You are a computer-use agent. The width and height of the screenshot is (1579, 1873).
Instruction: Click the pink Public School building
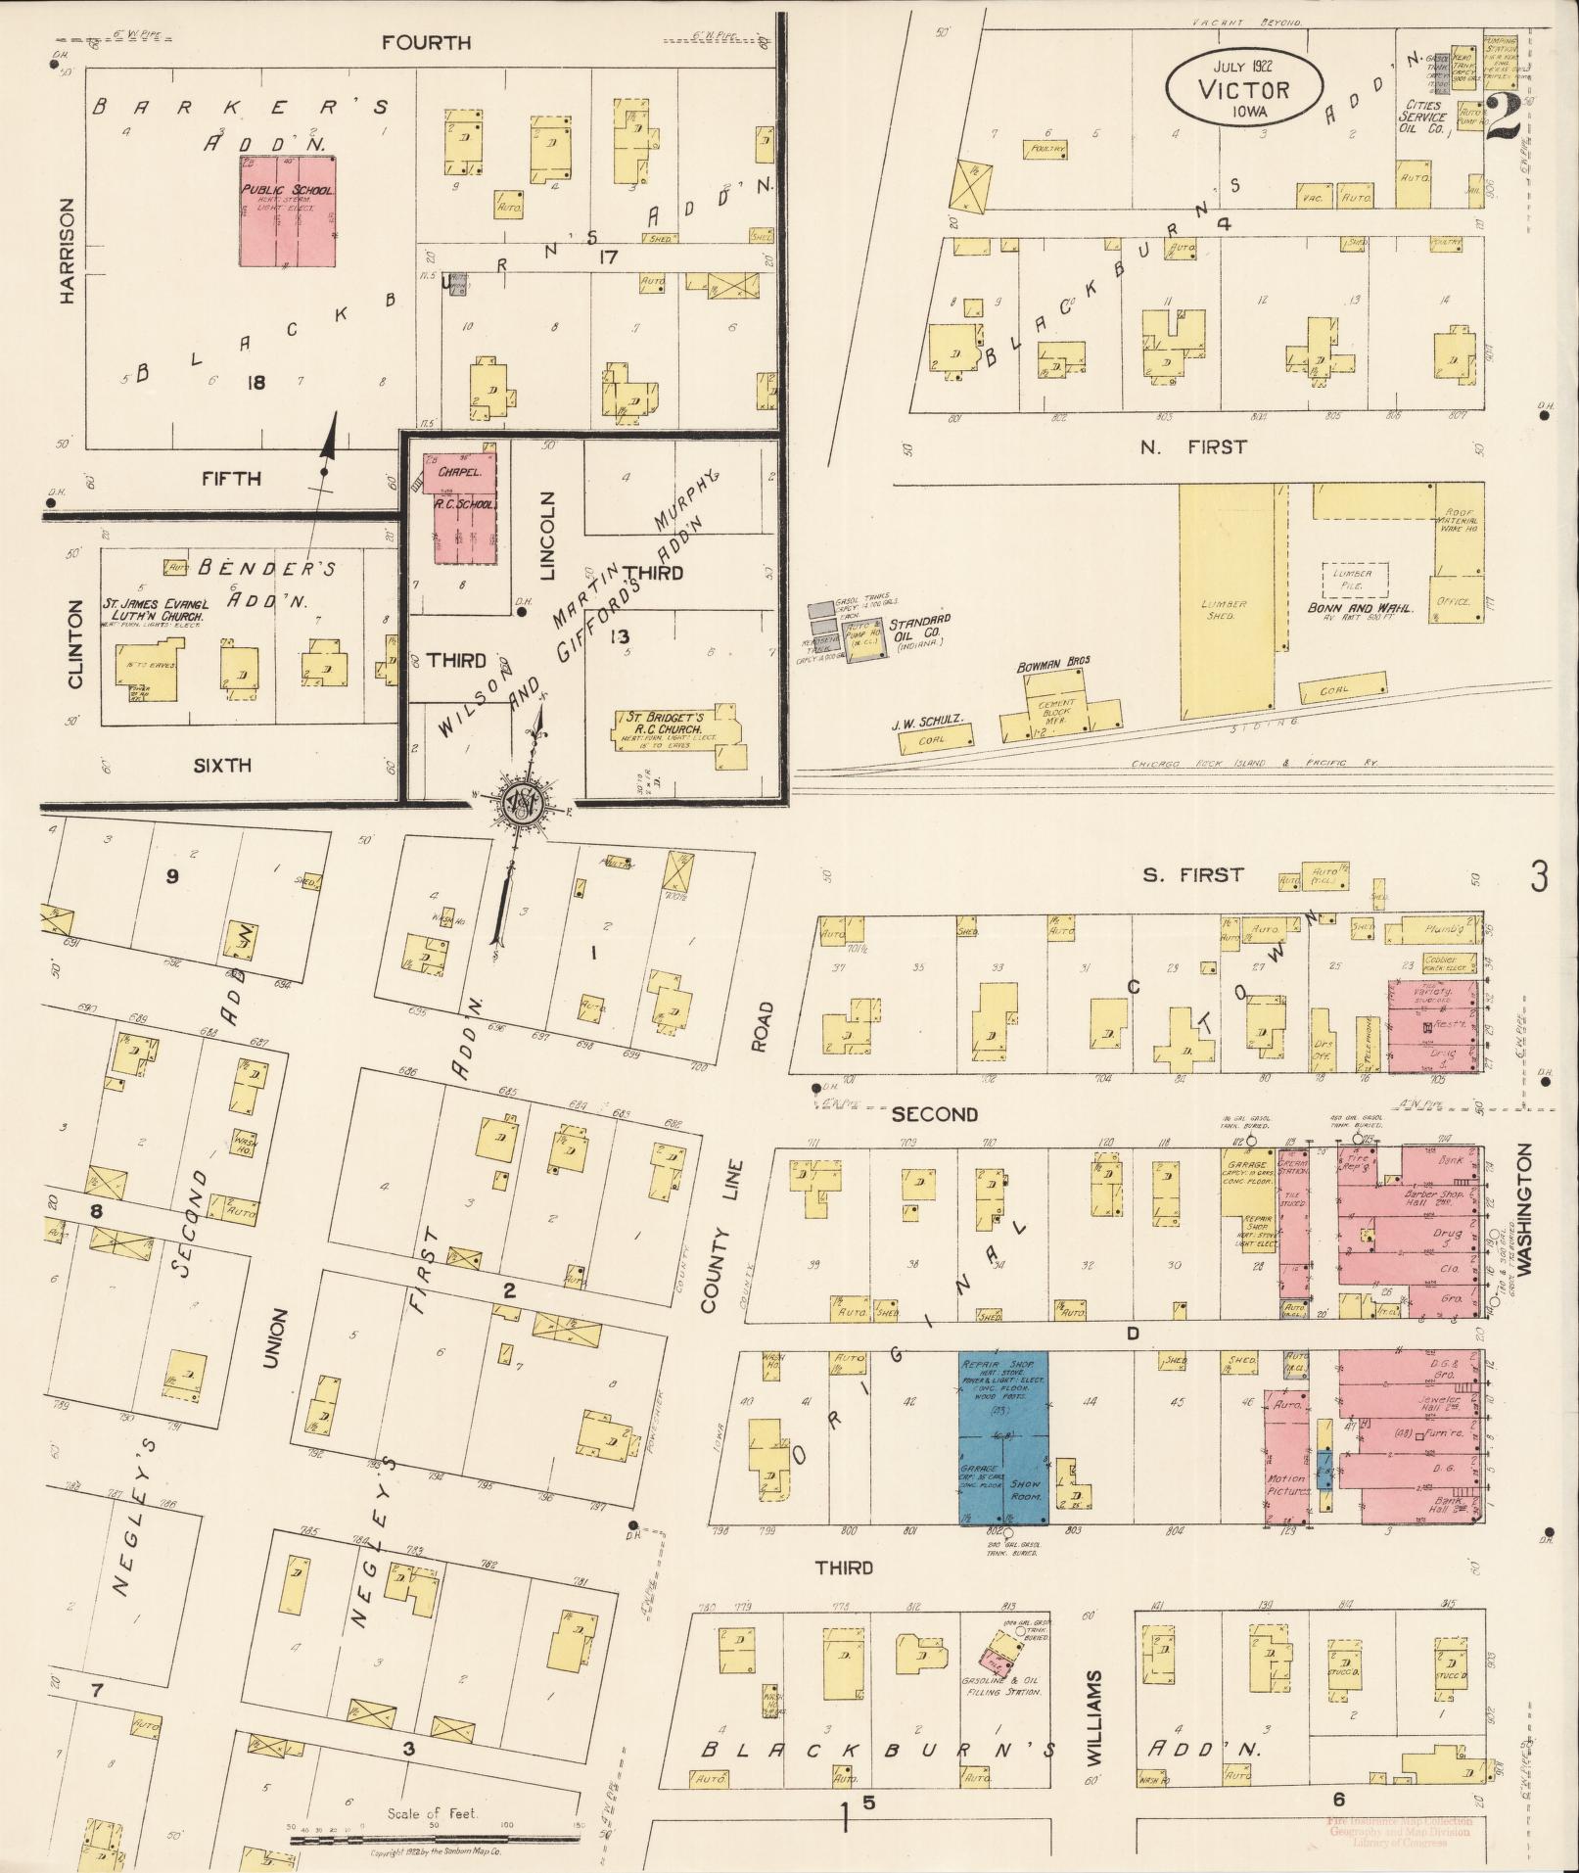coord(289,209)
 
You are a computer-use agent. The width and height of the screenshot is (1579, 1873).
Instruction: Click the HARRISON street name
coord(67,250)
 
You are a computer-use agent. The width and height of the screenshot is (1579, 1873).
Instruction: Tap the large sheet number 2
coord(1504,117)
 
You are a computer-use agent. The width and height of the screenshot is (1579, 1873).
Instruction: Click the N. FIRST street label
coord(1193,446)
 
